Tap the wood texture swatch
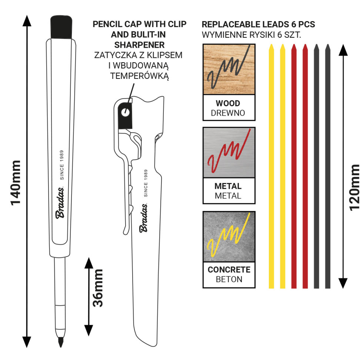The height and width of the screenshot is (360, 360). pyautogui.click(x=229, y=69)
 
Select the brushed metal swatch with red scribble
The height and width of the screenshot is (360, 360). pyautogui.click(x=229, y=152)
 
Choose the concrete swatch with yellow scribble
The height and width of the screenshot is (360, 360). pyautogui.click(x=229, y=236)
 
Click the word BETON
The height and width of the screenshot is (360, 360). pyautogui.click(x=229, y=279)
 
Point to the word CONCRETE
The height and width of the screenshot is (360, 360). pyautogui.click(x=229, y=270)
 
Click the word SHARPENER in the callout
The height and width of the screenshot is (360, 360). pyautogui.click(x=140, y=45)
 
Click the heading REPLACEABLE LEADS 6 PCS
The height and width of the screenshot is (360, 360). pyautogui.click(x=258, y=25)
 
